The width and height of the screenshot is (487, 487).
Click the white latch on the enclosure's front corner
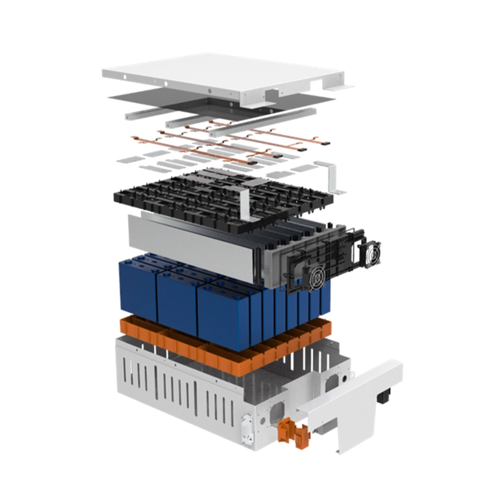coord(246,426)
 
